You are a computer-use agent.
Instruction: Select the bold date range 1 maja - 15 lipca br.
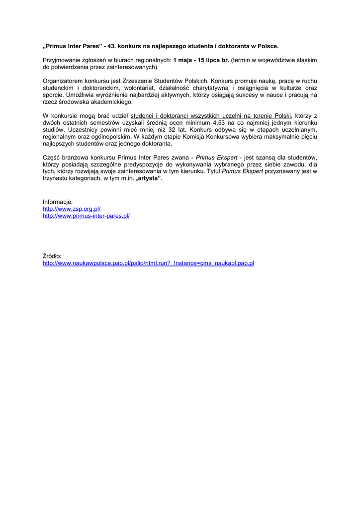201,60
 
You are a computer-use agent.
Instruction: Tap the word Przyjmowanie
62,60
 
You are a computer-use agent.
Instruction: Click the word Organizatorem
63,81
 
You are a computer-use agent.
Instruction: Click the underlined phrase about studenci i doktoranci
211,115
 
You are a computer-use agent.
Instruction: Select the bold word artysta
149,178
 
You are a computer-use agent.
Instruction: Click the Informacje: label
58,202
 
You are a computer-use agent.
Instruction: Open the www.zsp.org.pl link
72,209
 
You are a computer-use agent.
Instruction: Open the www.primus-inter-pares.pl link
86,216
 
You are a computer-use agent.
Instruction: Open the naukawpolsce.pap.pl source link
148,263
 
